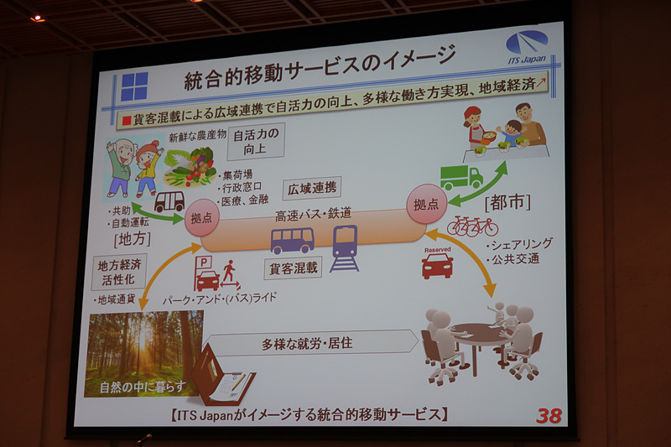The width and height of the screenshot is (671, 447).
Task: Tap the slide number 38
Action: click(x=548, y=414)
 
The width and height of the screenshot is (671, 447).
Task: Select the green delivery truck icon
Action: click(x=460, y=176)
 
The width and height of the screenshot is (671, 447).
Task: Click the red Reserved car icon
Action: click(x=437, y=265)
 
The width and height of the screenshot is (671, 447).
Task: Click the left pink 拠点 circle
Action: click(x=201, y=216)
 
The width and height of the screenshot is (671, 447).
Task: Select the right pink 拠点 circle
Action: click(x=423, y=204)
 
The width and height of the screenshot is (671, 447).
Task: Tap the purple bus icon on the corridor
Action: click(x=292, y=241)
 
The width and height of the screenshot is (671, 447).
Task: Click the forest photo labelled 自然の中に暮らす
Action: click(x=143, y=353)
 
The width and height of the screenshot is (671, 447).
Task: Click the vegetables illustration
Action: click(x=190, y=164)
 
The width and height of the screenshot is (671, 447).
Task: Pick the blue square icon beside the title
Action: click(x=134, y=87)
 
